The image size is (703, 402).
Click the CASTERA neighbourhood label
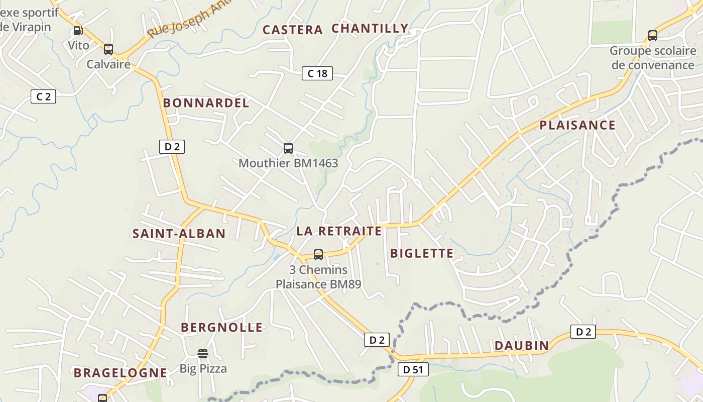click(x=293, y=30)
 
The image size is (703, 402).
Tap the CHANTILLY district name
click(x=370, y=29)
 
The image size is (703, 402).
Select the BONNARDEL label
click(x=206, y=103)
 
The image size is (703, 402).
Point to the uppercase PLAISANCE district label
click(x=577, y=125)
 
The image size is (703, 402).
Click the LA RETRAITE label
click(x=339, y=231)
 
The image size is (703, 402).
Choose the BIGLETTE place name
click(x=422, y=253)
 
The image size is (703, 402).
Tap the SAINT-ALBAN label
click(x=179, y=234)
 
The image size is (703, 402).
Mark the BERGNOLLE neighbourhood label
click(x=221, y=328)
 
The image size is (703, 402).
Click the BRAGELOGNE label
click(x=120, y=373)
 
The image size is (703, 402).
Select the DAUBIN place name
click(x=522, y=346)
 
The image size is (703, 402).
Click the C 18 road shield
click(x=317, y=73)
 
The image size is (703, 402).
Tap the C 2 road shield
click(x=44, y=96)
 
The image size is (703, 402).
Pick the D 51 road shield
click(x=413, y=370)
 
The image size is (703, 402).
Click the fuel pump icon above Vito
click(x=78, y=31)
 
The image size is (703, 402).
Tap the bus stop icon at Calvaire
click(x=108, y=49)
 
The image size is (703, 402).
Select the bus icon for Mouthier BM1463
click(x=288, y=148)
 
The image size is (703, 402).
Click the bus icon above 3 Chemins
click(x=318, y=255)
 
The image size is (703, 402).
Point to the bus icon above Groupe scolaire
click(x=653, y=36)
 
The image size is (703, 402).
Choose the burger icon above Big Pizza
click(x=203, y=354)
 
